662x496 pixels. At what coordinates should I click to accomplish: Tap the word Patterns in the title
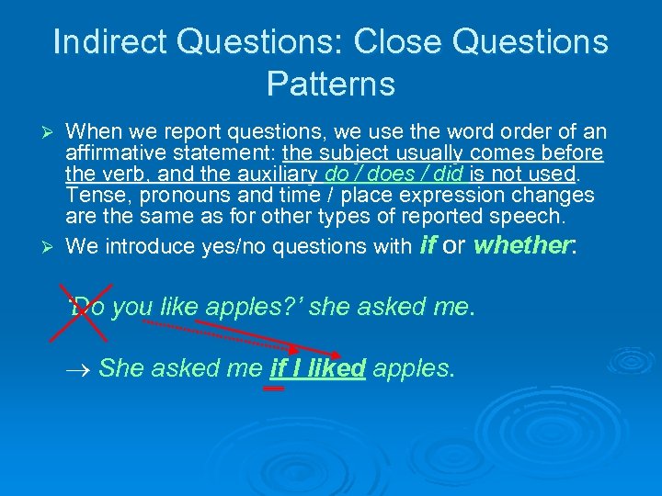(x=330, y=85)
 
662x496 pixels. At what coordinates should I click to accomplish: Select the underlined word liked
(x=338, y=368)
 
